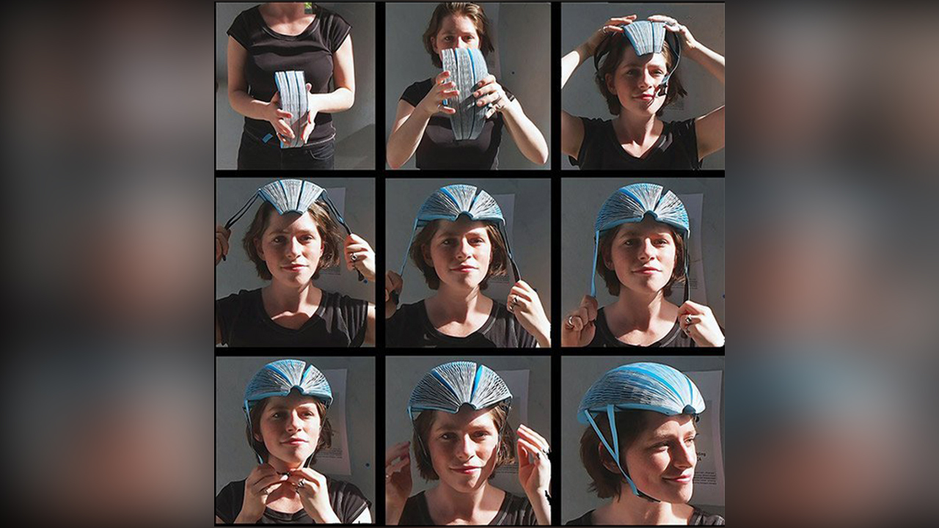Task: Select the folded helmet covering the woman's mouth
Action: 465,92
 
